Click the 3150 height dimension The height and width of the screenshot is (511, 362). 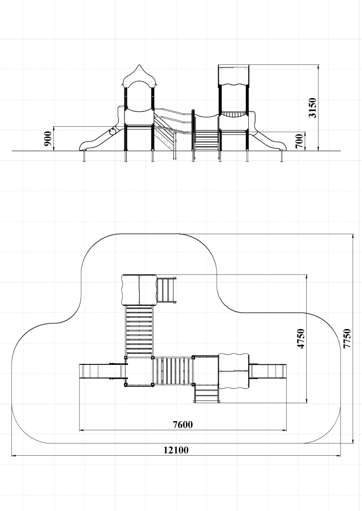(x=313, y=107)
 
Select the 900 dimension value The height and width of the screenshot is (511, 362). (x=48, y=138)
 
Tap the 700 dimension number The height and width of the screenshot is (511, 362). (x=300, y=141)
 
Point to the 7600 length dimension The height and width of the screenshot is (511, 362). (x=183, y=424)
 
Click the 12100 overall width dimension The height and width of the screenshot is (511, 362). (x=176, y=450)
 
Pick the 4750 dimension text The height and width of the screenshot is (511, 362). (x=301, y=339)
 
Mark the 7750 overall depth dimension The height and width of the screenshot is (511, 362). (x=347, y=339)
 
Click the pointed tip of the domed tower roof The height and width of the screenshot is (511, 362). (x=139, y=64)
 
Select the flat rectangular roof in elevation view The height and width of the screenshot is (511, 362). (x=233, y=75)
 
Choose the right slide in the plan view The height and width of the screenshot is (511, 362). (x=268, y=370)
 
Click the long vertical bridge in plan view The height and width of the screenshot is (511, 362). (x=139, y=331)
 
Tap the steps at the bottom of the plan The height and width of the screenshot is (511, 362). (x=206, y=393)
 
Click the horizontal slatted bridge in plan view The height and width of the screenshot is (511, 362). (x=173, y=371)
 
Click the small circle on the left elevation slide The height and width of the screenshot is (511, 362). (x=112, y=132)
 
